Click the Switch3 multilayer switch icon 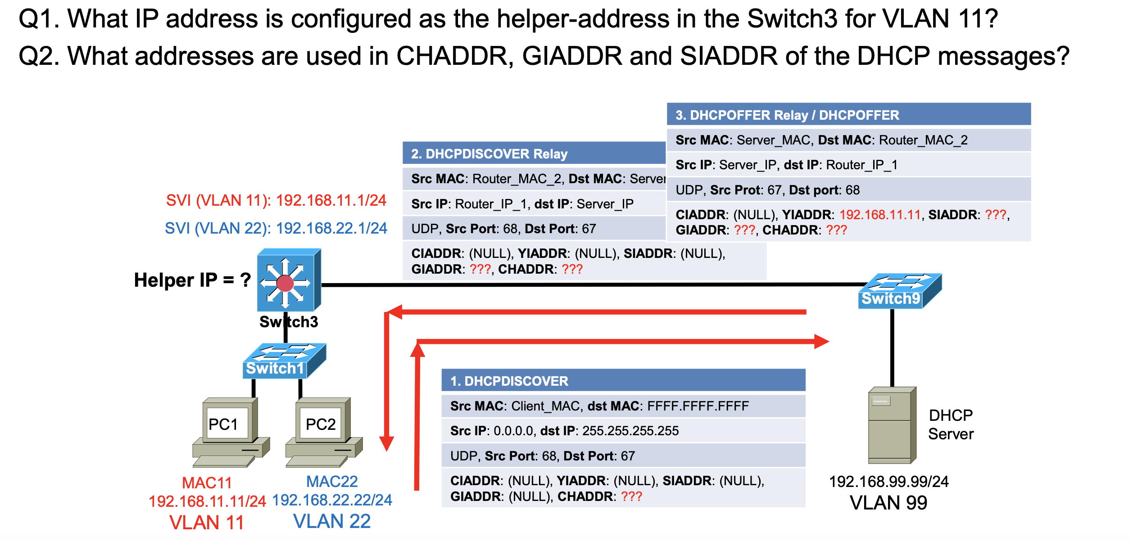[x=288, y=281]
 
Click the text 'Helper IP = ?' [x=192, y=280]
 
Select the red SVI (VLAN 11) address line [x=276, y=200]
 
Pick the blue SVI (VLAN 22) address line [x=276, y=228]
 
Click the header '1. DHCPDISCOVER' [x=509, y=381]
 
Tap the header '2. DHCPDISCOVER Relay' [x=489, y=154]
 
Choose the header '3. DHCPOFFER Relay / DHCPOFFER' [x=787, y=115]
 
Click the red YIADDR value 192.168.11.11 [x=880, y=215]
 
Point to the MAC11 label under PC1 [x=207, y=482]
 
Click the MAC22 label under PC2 [x=332, y=482]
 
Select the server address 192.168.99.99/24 [x=888, y=482]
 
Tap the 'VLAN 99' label [x=888, y=503]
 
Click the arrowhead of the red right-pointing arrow [x=821, y=342]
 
